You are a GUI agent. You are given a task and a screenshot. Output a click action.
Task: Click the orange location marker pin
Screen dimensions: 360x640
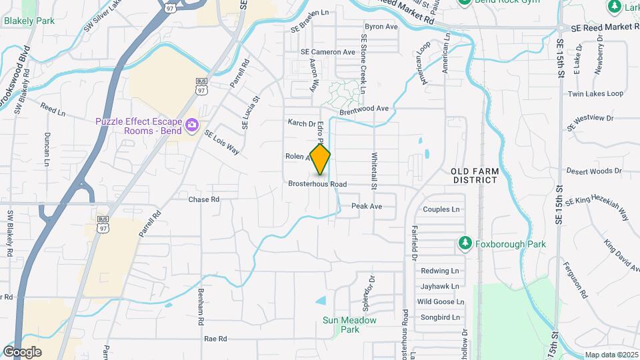[x=320, y=159]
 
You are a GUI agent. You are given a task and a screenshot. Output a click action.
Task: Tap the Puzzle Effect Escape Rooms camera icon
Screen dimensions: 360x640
[x=193, y=125]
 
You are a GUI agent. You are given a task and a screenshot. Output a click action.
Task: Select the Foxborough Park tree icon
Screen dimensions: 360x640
[x=466, y=244]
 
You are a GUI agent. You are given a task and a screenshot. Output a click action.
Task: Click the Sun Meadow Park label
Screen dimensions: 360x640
[x=349, y=325]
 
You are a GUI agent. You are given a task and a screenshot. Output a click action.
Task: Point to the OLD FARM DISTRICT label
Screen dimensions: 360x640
[x=475, y=175]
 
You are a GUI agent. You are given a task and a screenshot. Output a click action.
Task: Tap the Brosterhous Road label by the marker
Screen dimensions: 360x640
[x=318, y=184]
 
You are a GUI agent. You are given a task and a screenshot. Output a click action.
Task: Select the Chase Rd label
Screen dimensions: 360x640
[x=203, y=199]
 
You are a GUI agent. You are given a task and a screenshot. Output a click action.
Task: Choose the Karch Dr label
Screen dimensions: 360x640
[x=301, y=123]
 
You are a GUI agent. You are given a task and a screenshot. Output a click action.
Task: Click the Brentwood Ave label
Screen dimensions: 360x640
[x=363, y=109]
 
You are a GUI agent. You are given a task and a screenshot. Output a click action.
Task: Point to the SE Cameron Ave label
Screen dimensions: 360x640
[x=328, y=52]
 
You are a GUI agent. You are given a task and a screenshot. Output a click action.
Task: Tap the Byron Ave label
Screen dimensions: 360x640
[x=381, y=27]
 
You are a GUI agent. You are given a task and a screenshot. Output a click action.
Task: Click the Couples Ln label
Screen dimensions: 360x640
[x=441, y=209]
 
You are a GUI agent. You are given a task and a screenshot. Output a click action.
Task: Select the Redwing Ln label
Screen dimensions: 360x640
[x=439, y=271]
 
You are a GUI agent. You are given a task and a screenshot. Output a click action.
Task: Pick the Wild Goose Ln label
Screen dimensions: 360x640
[x=438, y=302]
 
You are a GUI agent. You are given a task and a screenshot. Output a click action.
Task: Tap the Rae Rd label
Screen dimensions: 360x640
[x=216, y=339]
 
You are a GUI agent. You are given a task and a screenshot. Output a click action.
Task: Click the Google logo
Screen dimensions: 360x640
[x=22, y=352]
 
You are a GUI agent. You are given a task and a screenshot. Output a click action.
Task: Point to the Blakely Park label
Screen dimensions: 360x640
[x=29, y=21]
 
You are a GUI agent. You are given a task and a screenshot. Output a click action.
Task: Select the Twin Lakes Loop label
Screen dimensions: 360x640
[x=595, y=94]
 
